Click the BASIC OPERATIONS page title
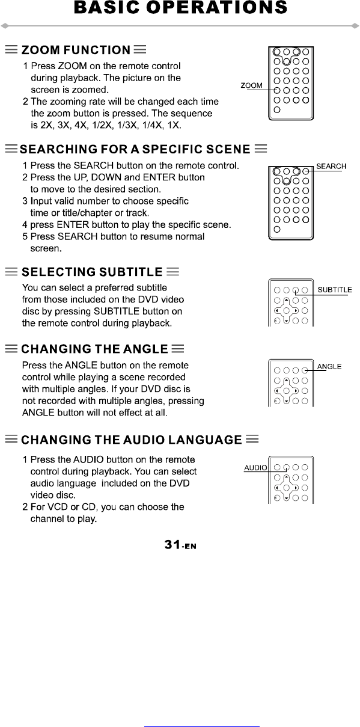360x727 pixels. tap(180, 7)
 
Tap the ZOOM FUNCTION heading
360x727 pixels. tap(76, 50)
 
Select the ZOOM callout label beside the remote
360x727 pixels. tap(251, 85)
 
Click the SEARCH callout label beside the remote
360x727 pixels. tap(331, 166)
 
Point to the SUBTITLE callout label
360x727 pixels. tap(335, 290)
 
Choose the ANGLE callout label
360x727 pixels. tap(329, 366)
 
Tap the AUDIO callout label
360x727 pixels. tap(255, 468)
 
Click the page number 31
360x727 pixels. tap(172, 544)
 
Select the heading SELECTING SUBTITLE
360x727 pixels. tap(92, 272)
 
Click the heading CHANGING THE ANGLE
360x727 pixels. tap(95, 349)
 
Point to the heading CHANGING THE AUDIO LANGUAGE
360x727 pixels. tap(132, 440)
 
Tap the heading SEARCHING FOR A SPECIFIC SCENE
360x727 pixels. tap(135, 149)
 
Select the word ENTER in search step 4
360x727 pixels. tap(73, 224)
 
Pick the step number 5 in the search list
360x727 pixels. tap(25, 236)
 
